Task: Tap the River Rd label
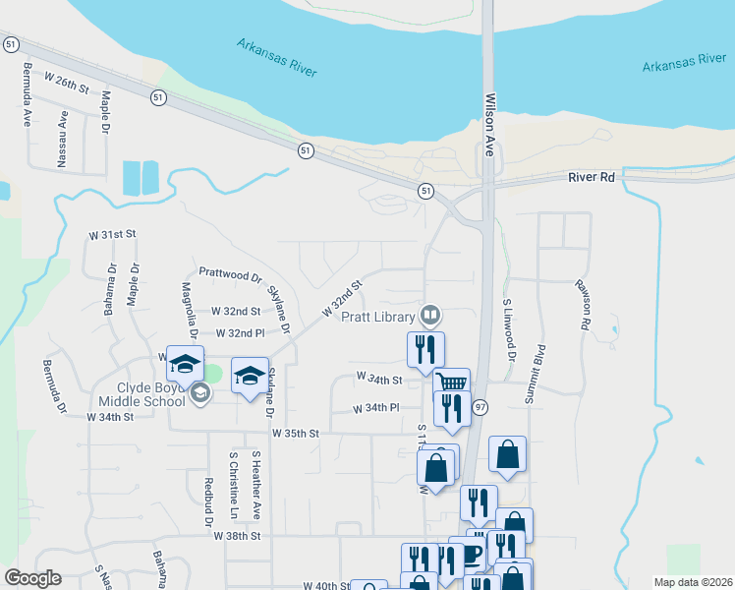pyautogui.click(x=591, y=177)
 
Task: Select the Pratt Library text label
pyautogui.click(x=378, y=317)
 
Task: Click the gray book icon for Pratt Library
pyautogui.click(x=430, y=316)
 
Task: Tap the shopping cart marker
pyautogui.click(x=452, y=383)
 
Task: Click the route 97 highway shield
pyautogui.click(x=480, y=407)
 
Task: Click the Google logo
pyautogui.click(x=33, y=578)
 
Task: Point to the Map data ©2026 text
pyautogui.click(x=692, y=582)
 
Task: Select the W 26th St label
pyautogui.click(x=67, y=88)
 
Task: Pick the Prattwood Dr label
pyautogui.click(x=230, y=277)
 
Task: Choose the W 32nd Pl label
pyautogui.click(x=240, y=333)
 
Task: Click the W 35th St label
pyautogui.click(x=296, y=433)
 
